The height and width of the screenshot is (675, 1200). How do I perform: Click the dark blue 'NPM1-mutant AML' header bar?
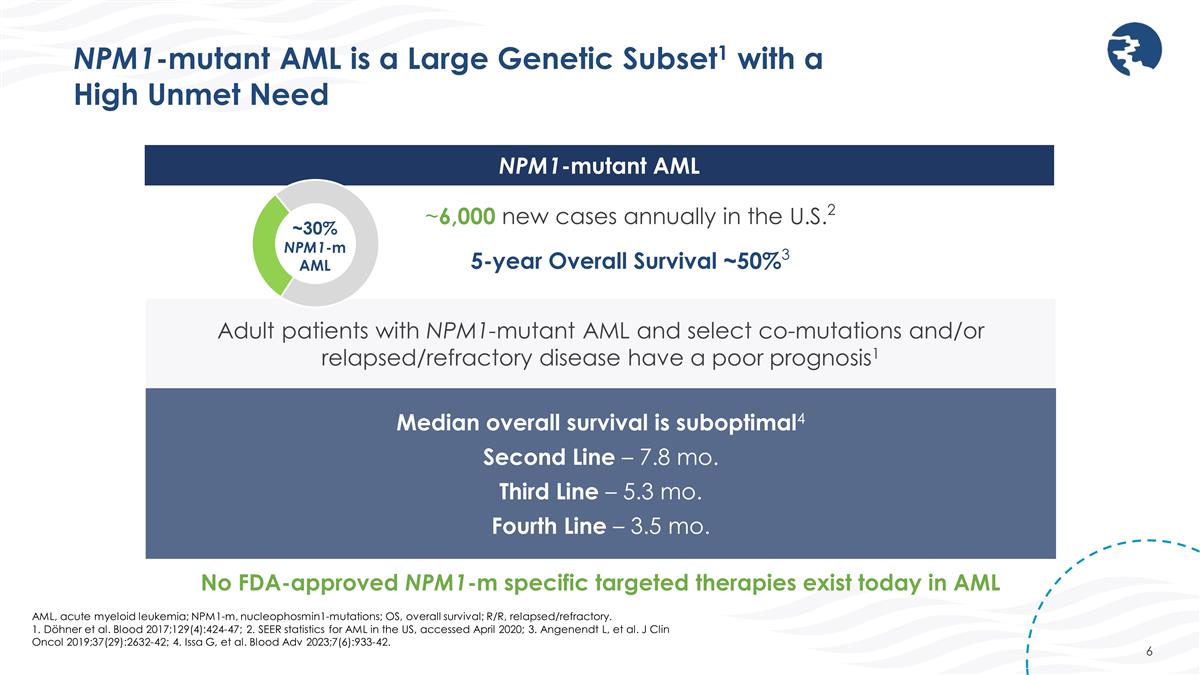(x=599, y=165)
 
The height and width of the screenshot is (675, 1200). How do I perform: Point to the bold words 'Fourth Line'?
(x=548, y=526)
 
